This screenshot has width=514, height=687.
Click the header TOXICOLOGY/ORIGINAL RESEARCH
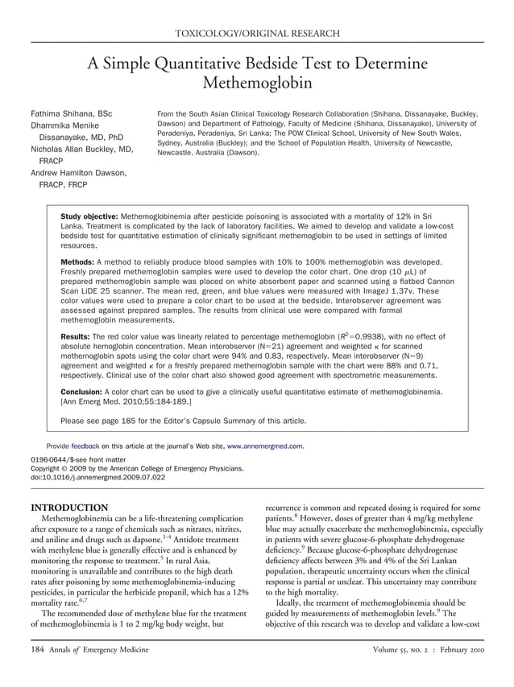[x=257, y=33]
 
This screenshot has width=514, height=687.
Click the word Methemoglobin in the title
[x=257, y=82]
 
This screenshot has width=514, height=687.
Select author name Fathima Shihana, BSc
[x=72, y=114]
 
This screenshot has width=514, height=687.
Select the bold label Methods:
[x=77, y=263]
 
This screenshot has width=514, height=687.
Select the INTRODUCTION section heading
[x=68, y=508]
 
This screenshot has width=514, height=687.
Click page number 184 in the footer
[x=38, y=650]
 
